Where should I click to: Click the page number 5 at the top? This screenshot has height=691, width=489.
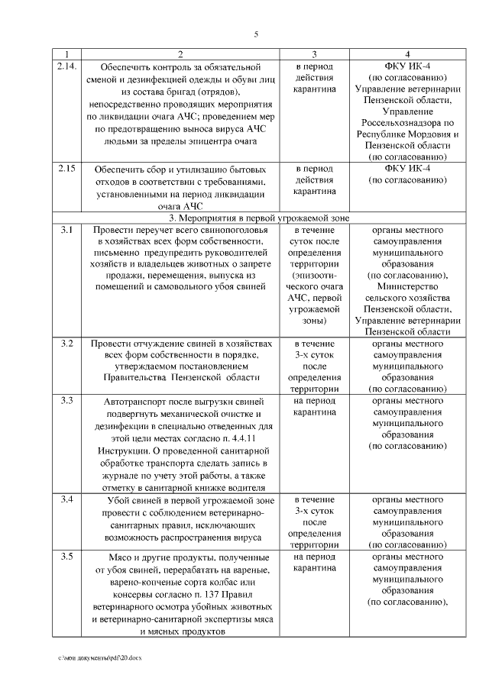(256, 33)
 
